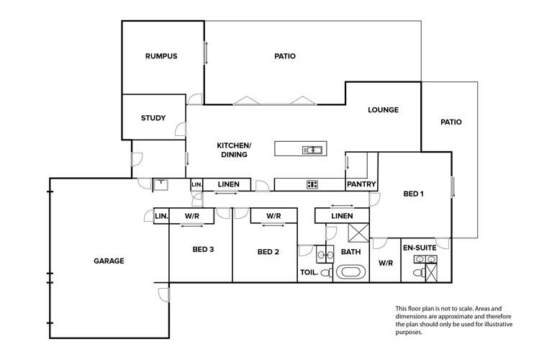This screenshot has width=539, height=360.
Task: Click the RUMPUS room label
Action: click(x=160, y=56)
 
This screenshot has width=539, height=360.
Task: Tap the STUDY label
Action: click(x=153, y=118)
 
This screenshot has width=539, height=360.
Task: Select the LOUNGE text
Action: click(x=383, y=110)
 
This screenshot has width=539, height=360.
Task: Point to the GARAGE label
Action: click(x=108, y=261)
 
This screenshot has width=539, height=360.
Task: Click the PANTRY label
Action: click(x=361, y=184)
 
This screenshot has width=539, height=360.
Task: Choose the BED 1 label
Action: click(x=413, y=194)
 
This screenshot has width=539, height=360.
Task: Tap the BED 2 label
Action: click(x=267, y=251)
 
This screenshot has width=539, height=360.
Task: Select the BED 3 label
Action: click(x=203, y=250)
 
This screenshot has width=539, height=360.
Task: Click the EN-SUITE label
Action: click(x=418, y=247)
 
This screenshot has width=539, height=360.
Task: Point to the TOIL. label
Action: click(x=309, y=272)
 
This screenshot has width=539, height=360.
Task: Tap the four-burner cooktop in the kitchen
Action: click(x=312, y=184)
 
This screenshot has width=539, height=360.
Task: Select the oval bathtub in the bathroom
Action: click(x=351, y=272)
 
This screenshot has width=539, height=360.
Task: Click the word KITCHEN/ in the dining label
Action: click(x=233, y=145)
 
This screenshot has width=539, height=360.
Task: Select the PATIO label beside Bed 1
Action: click(x=450, y=122)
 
